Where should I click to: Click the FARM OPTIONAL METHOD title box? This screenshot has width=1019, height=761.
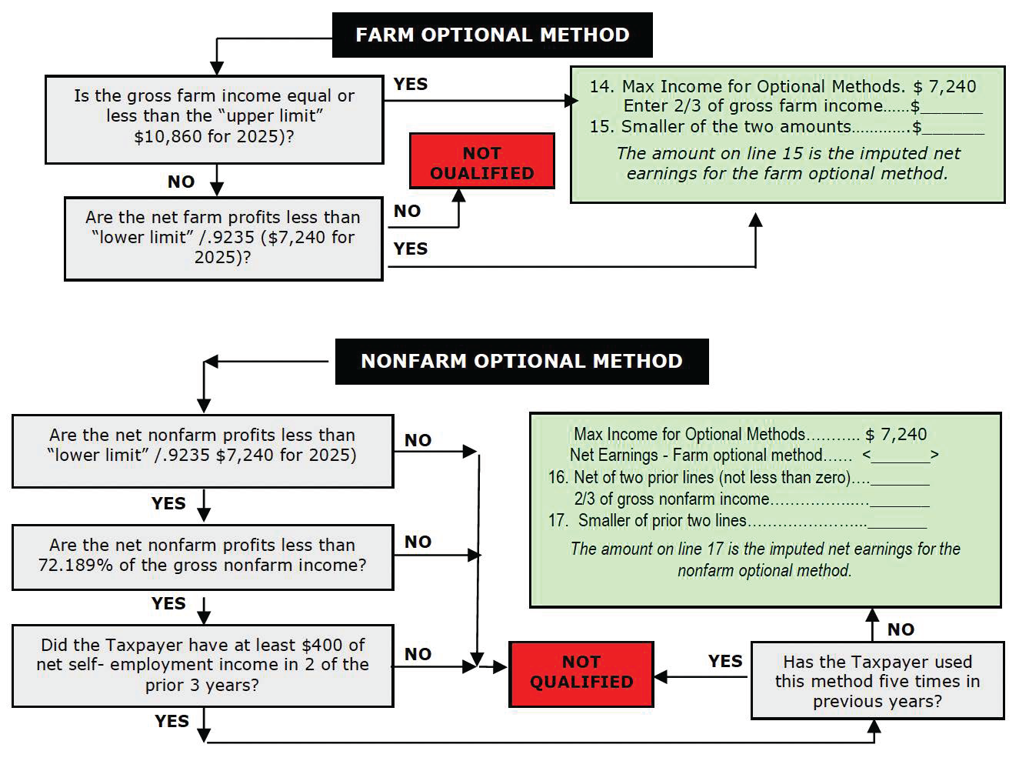[492, 35]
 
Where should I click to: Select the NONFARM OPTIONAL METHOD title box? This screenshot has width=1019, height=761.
[521, 361]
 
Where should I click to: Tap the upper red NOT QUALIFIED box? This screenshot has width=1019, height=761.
[481, 162]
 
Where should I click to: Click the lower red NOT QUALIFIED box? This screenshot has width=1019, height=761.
[581, 673]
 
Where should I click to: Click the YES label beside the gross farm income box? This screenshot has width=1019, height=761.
[410, 84]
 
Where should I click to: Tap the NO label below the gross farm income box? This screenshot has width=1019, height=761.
[181, 182]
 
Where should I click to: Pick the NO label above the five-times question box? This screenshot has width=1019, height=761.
[901, 629]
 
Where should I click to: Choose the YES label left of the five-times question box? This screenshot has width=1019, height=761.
[724, 661]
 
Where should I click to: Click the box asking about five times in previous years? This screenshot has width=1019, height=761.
[877, 681]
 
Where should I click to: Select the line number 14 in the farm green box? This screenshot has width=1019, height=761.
[601, 86]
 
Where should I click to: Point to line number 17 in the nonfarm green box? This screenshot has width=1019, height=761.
[558, 521]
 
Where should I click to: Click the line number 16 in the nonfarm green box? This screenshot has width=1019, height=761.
[558, 477]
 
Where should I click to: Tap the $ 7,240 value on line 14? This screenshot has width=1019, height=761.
[944, 86]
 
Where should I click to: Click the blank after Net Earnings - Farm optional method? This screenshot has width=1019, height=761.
[900, 456]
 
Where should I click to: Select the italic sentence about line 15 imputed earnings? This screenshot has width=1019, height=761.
[788, 163]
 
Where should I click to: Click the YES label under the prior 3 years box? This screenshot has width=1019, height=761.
[171, 721]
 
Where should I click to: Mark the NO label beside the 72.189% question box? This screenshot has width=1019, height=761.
[418, 542]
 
